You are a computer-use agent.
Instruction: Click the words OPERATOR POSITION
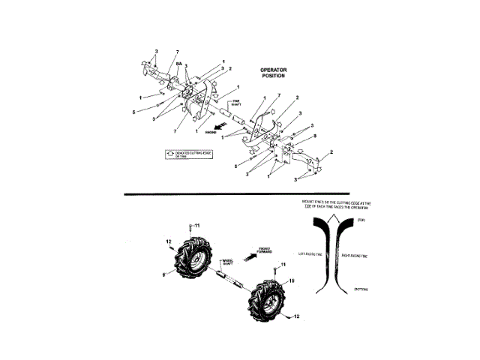pyautogui.click(x=274, y=73)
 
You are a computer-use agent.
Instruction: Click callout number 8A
pyautogui.click(x=178, y=64)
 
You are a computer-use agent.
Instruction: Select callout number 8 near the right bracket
pyautogui.click(x=314, y=136)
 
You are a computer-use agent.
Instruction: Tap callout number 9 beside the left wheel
pyautogui.click(x=165, y=276)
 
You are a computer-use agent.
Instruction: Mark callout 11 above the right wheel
pyautogui.click(x=283, y=265)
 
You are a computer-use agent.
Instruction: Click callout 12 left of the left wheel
pyautogui.click(x=169, y=241)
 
